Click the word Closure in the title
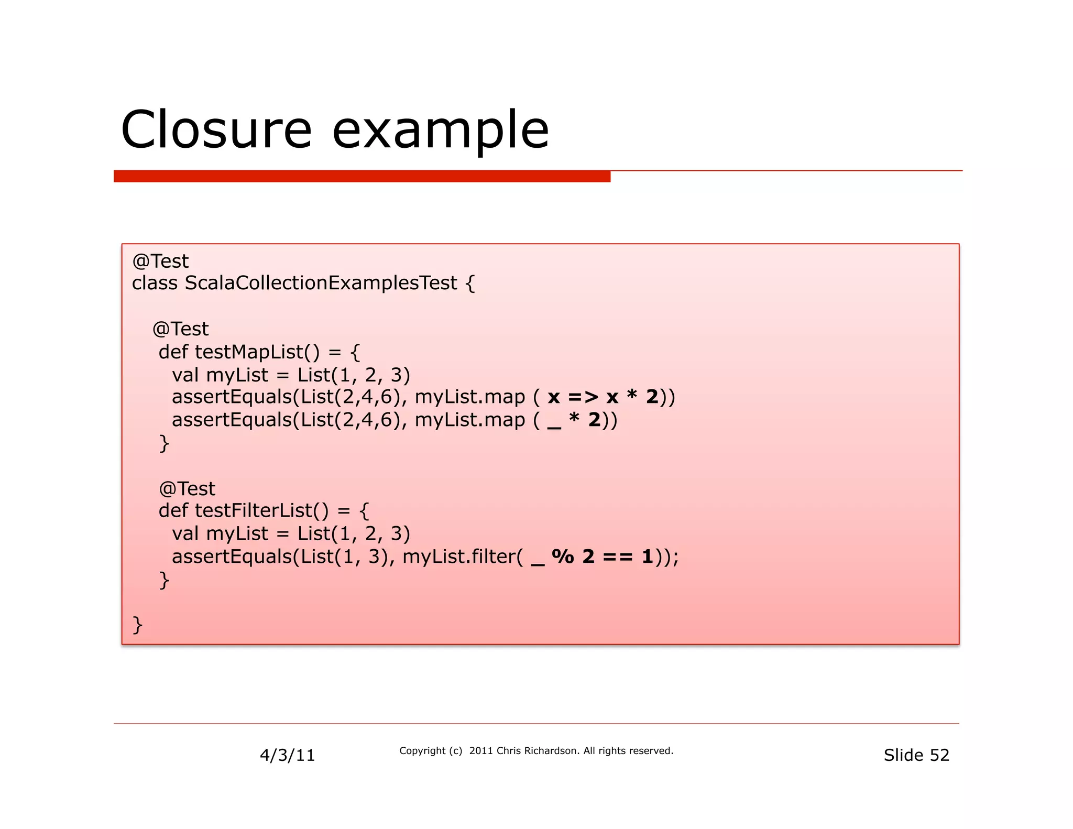[216, 129]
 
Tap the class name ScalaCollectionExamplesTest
[321, 283]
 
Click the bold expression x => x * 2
[603, 397]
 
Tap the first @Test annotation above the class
[160, 261]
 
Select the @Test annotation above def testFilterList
[187, 489]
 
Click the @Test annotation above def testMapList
[180, 329]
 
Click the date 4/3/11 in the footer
[287, 755]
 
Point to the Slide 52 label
[916, 755]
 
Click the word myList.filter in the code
[462, 557]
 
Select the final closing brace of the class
[137, 625]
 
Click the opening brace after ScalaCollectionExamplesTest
[470, 284]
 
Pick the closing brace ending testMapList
[164, 443]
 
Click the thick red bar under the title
[362, 177]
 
